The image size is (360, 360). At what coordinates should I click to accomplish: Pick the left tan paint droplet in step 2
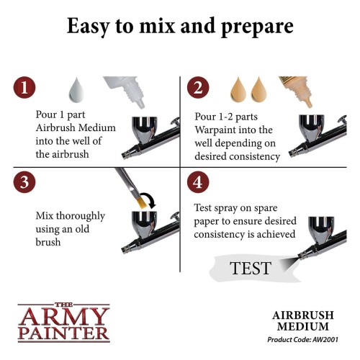pos(239,92)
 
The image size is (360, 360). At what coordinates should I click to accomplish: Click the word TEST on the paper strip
pos(250,269)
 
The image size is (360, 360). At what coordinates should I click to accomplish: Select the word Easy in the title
pos(91,27)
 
